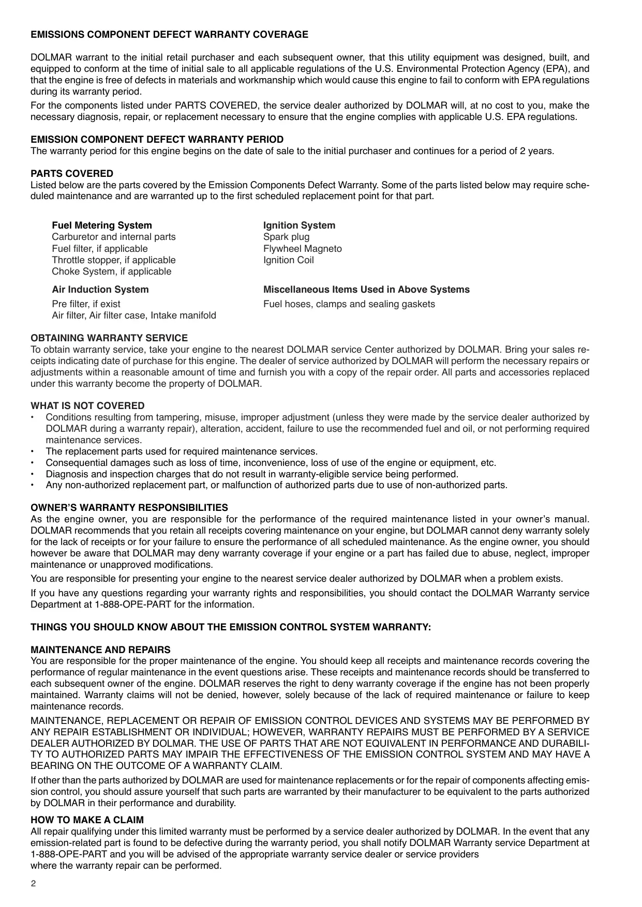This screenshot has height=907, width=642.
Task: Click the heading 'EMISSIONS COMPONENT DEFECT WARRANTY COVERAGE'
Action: click(169, 35)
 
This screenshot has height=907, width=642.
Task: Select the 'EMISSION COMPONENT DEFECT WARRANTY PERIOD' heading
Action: click(157, 140)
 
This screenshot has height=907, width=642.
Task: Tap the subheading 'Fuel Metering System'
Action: click(102, 225)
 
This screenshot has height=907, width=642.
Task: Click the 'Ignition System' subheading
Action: click(299, 225)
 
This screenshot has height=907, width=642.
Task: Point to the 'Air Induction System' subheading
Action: click(100, 290)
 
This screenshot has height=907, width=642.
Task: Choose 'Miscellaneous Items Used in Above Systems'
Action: click(366, 290)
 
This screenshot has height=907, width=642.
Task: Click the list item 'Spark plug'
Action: click(287, 237)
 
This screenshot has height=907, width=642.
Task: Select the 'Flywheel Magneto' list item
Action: click(303, 249)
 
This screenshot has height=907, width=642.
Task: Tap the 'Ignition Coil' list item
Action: click(289, 260)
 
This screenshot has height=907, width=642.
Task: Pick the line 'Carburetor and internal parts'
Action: click(114, 237)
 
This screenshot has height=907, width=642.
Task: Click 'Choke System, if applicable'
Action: click(111, 271)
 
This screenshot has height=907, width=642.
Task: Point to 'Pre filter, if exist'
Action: click(86, 304)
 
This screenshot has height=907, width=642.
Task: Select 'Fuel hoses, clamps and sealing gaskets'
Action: click(349, 304)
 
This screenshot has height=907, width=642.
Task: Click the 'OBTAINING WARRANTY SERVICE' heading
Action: click(109, 338)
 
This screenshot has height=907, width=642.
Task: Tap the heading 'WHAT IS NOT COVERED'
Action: click(87, 406)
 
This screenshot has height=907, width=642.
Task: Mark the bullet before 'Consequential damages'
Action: click(33, 463)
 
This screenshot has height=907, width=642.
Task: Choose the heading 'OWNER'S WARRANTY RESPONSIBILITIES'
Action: click(129, 508)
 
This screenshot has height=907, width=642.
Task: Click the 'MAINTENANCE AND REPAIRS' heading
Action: click(100, 650)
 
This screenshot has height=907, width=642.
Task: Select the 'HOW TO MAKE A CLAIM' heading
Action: click(87, 820)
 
